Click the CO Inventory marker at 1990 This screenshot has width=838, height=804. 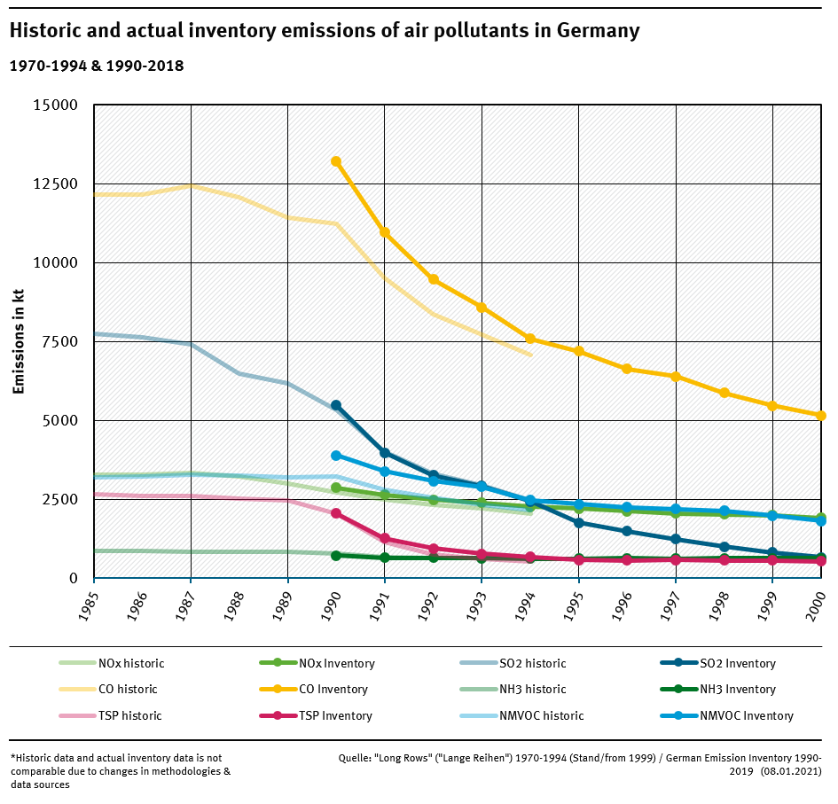coord(336,161)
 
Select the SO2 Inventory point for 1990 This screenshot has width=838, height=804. coord(336,405)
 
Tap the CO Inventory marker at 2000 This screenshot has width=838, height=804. coord(821,415)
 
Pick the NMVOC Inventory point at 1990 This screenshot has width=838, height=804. coord(336,456)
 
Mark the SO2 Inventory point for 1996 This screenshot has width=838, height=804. coord(627,531)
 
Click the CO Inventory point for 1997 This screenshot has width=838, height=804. coord(676,377)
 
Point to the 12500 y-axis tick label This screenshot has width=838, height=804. coord(55,184)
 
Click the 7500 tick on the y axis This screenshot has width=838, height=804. coord(59,342)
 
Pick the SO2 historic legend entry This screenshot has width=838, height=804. coord(532,664)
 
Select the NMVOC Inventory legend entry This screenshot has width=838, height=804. coord(746,716)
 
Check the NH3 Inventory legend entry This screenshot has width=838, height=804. coord(737,690)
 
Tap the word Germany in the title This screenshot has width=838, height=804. coord(599,31)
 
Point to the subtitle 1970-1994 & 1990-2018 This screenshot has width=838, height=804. coord(96,66)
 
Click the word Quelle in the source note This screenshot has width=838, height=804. coord(356,759)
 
